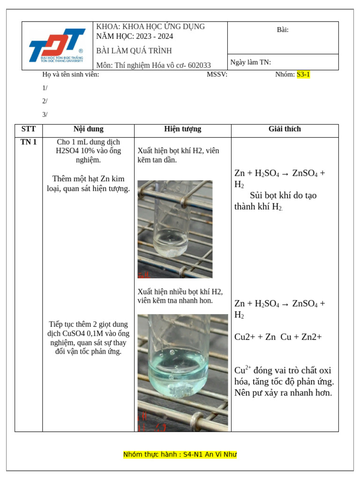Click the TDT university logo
point(57,45)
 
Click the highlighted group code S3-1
point(303,74)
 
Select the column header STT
point(28,129)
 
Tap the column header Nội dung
point(88,129)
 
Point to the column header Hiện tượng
point(182,129)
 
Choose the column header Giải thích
point(285,129)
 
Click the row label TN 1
point(28,142)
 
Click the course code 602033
point(199,65)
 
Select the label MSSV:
point(217,74)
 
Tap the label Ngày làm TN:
point(250,62)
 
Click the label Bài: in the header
point(283,30)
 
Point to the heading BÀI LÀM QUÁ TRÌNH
point(134,51)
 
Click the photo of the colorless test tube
point(175,229)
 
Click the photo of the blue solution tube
point(182,372)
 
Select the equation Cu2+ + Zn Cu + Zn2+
point(278,337)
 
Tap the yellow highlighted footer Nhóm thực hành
point(180,454)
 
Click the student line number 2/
point(45,101)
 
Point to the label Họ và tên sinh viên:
point(71,74)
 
